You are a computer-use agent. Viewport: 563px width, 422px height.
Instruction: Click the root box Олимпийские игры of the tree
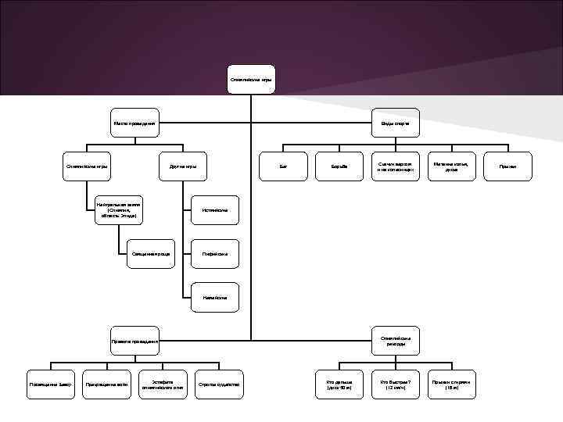[251, 80]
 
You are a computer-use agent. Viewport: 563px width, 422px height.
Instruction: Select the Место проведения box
[134, 123]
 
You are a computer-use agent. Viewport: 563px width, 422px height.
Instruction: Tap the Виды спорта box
[395, 123]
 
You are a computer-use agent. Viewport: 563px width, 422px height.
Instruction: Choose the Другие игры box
[183, 166]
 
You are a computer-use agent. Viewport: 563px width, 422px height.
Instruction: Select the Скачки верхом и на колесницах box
[395, 166]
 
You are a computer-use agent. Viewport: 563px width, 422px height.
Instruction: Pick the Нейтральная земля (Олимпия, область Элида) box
[119, 210]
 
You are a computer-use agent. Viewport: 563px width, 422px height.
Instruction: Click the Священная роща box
[151, 253]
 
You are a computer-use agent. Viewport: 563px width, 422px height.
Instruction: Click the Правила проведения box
[134, 341]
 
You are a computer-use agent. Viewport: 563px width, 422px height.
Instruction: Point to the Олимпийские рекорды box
[395, 341]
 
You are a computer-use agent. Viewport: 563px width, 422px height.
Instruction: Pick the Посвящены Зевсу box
[51, 384]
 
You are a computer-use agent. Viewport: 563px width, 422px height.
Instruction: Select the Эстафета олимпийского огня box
[163, 384]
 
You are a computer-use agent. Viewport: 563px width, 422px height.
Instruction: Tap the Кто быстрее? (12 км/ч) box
[395, 384]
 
